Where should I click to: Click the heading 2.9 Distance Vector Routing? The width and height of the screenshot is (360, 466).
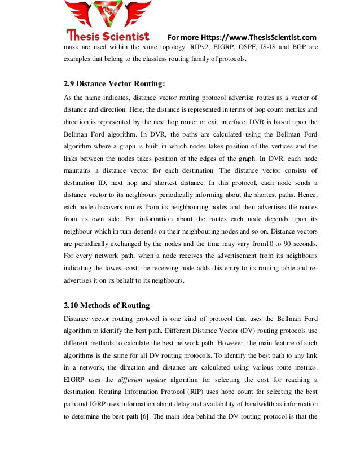click(115, 85)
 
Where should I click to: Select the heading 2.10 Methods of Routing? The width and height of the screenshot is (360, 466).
click(107, 306)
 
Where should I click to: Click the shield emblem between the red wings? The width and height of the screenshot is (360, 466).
click(108, 12)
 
